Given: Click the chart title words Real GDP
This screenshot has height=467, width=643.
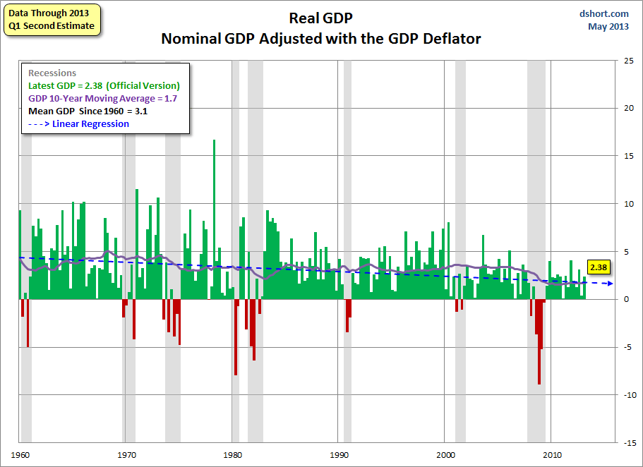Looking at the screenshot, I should (321, 18).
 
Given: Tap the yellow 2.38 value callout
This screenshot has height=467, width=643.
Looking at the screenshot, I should (599, 267).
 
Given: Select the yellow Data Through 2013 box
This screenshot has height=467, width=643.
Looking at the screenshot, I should (52, 20).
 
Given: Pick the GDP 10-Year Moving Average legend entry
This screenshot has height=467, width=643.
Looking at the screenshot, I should (102, 98).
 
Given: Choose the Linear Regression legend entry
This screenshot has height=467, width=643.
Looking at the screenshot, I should (78, 123).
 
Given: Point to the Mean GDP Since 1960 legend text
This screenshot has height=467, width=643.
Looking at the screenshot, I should (88, 111).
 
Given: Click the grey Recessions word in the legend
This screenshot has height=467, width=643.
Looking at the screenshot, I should (52, 73).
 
